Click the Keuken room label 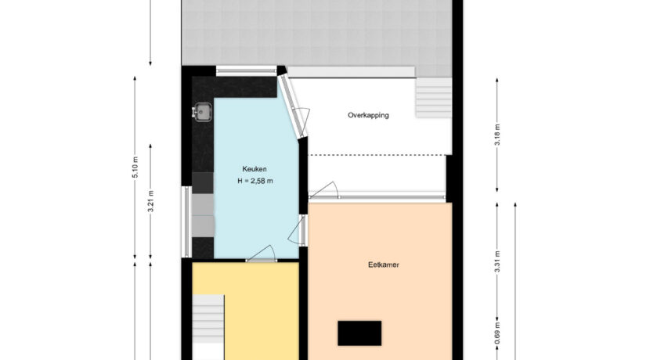click(x=254, y=169)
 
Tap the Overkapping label click(x=368, y=115)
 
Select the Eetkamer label click(x=384, y=265)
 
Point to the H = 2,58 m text click(x=255, y=181)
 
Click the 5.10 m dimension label click(x=135, y=167)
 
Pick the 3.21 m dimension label click(x=150, y=201)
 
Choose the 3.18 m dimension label click(x=497, y=135)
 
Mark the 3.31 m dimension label click(x=497, y=262)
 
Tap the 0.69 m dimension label click(x=497, y=333)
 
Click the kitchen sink click(x=202, y=112)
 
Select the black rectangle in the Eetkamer click(x=359, y=333)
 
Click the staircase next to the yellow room click(x=208, y=319)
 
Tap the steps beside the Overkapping click(x=434, y=98)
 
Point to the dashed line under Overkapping click(x=377, y=156)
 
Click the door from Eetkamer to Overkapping click(x=324, y=190)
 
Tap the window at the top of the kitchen click(x=247, y=70)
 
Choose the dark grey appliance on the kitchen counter click(x=203, y=183)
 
